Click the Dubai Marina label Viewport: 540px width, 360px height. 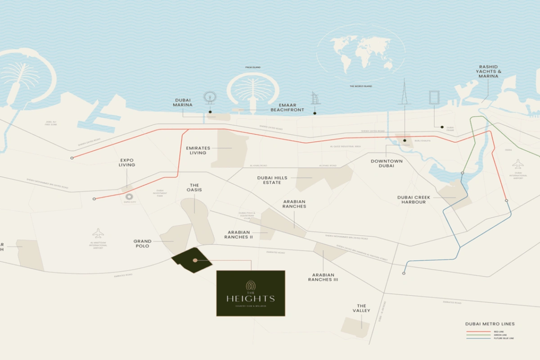[x=183, y=102]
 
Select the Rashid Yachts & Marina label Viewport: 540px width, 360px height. [x=488, y=72]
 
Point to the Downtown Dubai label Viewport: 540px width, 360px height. [x=387, y=163]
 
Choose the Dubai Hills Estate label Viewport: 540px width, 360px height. [x=272, y=180]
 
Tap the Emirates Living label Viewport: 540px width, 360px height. [x=198, y=150]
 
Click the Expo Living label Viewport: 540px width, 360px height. [x=127, y=162]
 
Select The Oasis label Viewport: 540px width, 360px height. [x=194, y=187]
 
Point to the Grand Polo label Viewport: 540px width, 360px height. [x=142, y=244]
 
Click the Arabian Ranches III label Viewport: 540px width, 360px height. [x=323, y=277]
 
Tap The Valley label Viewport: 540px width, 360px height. [x=362, y=308]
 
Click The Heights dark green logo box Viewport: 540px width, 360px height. [x=251, y=293]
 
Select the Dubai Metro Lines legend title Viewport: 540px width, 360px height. [x=490, y=324]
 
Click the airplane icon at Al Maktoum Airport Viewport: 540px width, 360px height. [x=98, y=233]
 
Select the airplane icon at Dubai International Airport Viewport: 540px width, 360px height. [x=518, y=164]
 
